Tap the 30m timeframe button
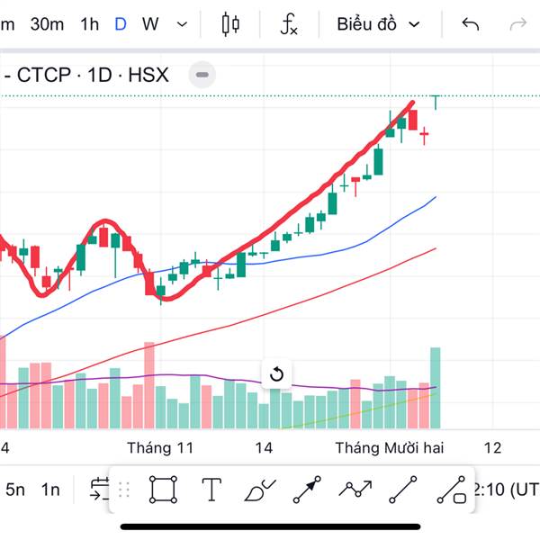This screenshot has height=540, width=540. pos(47,24)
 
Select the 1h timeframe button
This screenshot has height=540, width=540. pos(89,24)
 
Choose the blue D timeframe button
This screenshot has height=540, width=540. pos(120,24)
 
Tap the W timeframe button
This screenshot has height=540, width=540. pos(150,24)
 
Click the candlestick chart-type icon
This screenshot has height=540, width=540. pos(230,24)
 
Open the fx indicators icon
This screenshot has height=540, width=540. pos(288,24)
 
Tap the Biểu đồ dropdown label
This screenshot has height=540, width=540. pos(367,24)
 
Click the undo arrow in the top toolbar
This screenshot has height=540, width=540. pos(470,24)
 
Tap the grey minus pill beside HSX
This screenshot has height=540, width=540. pos(202,75)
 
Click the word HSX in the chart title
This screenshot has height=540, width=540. pos(148,75)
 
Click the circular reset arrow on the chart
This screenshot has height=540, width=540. pos(276,374)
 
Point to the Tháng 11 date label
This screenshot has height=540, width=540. pos(160,447)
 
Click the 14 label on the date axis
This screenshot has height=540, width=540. pos(264,447)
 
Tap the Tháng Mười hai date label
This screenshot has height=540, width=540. pos(390,447)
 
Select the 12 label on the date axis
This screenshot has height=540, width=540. pos(492,447)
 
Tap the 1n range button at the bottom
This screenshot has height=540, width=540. pos(50,490)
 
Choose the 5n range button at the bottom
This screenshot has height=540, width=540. pos(15,490)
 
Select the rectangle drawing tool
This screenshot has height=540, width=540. pos(163,490)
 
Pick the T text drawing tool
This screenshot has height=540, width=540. pos(211,490)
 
